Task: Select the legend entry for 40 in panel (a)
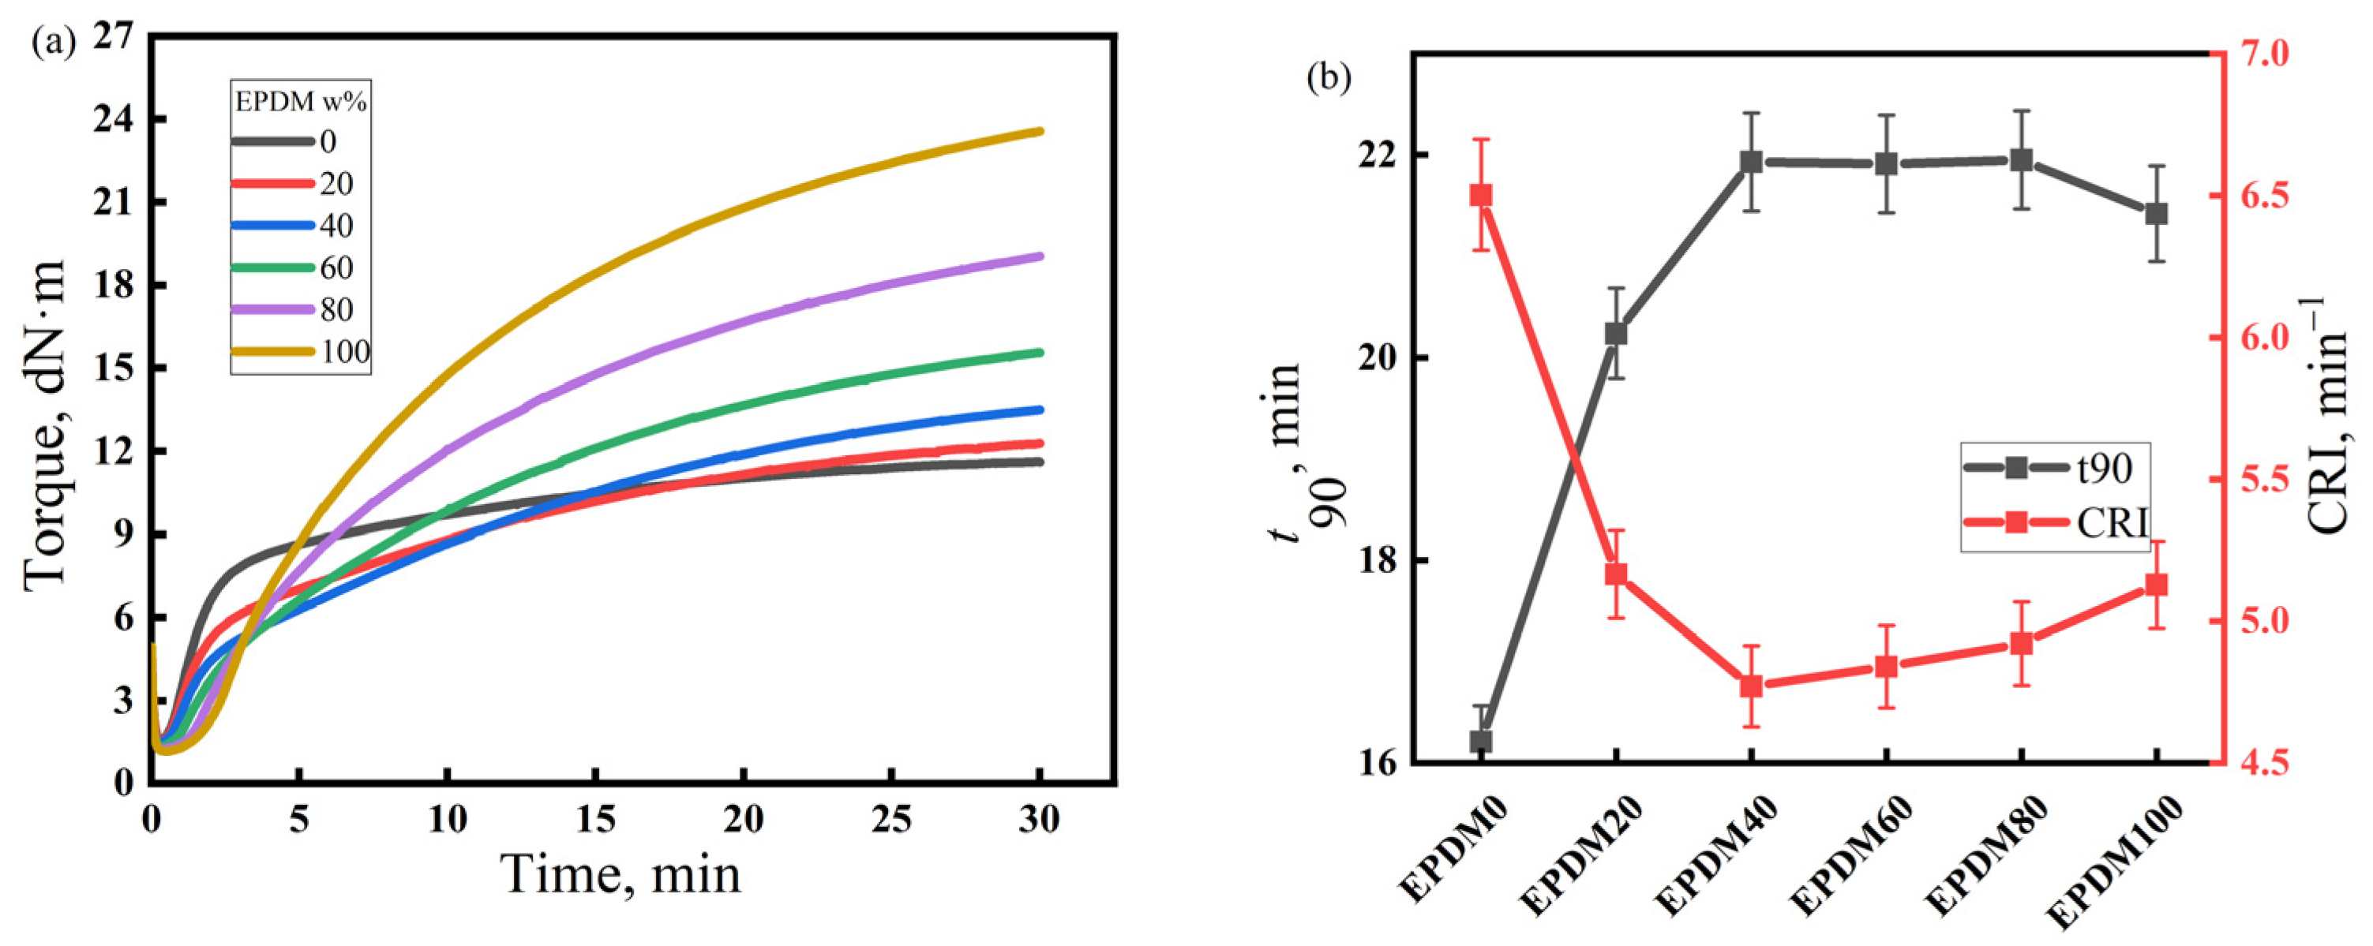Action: point(294,226)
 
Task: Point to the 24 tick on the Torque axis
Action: point(116,120)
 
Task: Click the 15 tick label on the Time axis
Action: point(595,819)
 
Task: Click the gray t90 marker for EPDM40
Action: point(1751,162)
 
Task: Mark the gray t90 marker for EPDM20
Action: point(1616,334)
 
